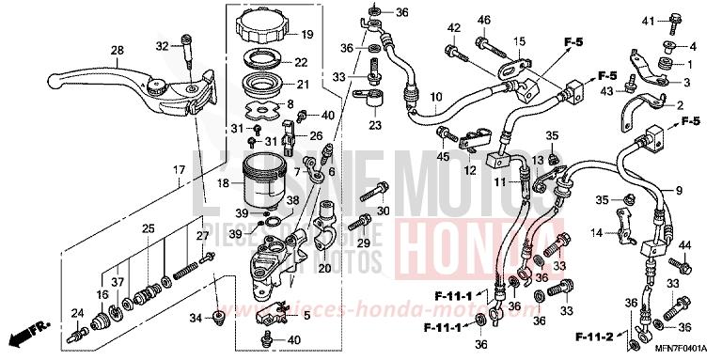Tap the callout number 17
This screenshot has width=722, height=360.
point(177,169)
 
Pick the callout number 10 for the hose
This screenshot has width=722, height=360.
point(435,97)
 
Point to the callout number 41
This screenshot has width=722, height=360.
point(649,20)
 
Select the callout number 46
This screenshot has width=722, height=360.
point(485,19)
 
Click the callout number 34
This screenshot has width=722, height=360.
point(195,319)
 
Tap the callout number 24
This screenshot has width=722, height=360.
point(77,313)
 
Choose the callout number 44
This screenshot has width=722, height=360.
point(684,245)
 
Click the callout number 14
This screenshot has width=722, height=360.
point(569,232)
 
